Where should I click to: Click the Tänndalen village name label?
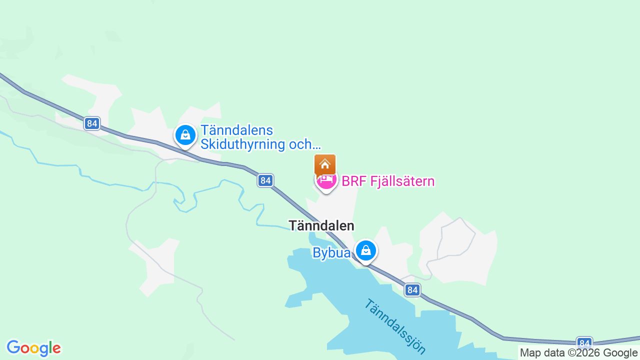pos(321,225)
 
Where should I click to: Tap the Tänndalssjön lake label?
pos(395,326)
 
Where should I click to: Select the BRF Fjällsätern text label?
pos(387,181)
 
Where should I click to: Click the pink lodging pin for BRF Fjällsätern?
pos(326,180)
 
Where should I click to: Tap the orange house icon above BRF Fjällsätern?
pos(325,164)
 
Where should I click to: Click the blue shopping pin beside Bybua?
pos(366,250)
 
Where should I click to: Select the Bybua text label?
pos(331,253)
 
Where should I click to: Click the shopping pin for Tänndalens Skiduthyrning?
pos(185,135)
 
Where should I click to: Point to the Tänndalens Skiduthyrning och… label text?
pos(260,137)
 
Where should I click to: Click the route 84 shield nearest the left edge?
pos(92,123)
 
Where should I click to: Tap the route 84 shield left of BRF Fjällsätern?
pos(265,180)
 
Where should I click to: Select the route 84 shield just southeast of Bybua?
pos(412,289)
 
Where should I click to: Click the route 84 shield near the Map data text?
pos(584,343)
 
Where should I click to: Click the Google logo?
pos(33,348)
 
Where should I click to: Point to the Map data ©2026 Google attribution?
pos(578,353)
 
